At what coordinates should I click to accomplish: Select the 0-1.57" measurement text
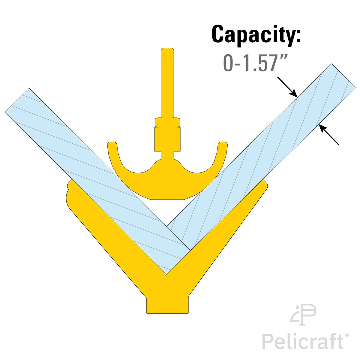tap(255, 63)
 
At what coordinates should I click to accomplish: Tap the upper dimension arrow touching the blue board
tap(287, 87)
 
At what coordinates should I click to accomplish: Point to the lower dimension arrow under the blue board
tap(328, 135)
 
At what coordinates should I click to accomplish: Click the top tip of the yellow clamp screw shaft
tap(167, 48)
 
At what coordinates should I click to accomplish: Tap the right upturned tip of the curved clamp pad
tap(223, 144)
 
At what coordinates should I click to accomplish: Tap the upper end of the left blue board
tap(17, 100)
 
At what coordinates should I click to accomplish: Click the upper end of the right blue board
tap(343, 76)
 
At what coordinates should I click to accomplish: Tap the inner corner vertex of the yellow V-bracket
tap(165, 275)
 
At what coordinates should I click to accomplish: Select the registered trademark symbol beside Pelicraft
tap(347, 335)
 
